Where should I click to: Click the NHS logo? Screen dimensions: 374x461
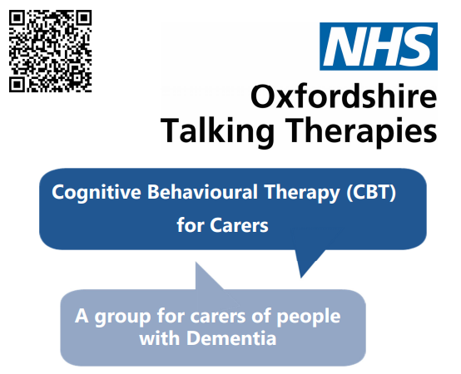(379, 46)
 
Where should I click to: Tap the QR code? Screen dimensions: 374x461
(49, 49)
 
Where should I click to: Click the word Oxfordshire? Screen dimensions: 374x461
(343, 98)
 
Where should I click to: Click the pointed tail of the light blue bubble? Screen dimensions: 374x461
(202, 274)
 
